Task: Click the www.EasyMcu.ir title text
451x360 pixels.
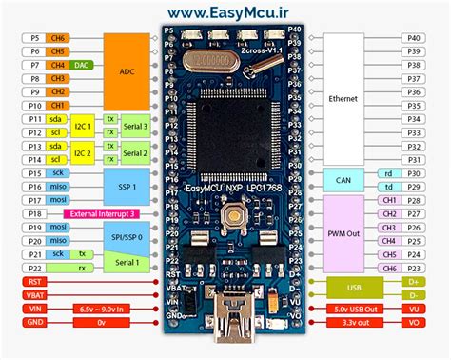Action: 226,11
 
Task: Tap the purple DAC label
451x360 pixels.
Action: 82,64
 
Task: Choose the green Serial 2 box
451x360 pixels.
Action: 135,153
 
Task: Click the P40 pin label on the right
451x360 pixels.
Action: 414,37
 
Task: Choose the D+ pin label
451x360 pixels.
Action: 414,282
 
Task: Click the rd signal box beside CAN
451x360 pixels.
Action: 387,173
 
